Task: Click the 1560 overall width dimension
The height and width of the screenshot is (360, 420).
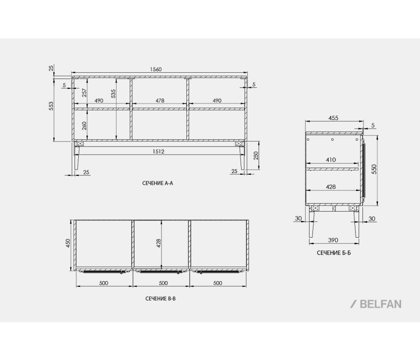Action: pos(156,69)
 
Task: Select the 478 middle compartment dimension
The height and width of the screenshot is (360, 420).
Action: pos(160,101)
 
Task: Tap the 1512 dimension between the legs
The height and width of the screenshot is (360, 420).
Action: pos(158,152)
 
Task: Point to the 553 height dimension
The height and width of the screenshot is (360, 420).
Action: pos(51,106)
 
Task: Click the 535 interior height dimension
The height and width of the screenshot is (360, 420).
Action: pos(113,94)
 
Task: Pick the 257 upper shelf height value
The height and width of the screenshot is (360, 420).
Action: pos(84,93)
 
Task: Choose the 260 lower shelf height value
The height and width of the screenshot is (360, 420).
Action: pos(84,126)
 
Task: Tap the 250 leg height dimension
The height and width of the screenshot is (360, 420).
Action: pos(256,156)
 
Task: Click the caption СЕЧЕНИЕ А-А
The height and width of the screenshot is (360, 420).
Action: pos(158,183)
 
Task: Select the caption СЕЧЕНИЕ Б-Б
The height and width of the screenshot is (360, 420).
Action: pos(334,253)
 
